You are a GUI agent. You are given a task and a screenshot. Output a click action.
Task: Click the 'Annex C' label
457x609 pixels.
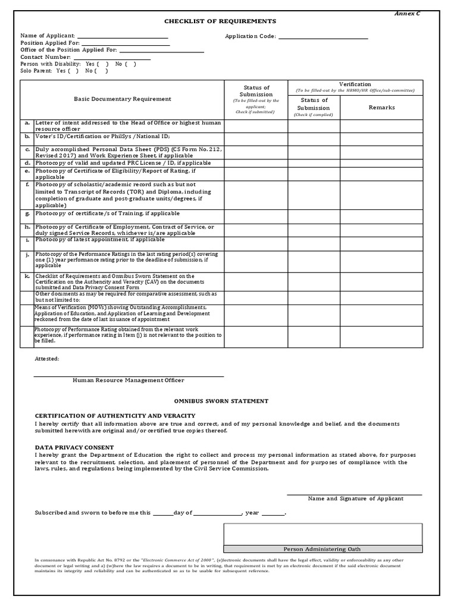pyautogui.click(x=408, y=13)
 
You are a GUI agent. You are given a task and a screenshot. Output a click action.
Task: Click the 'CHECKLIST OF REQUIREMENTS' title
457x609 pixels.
pyautogui.click(x=220, y=21)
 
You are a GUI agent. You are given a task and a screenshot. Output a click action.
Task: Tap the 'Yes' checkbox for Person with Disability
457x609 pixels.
pyautogui.click(x=103, y=64)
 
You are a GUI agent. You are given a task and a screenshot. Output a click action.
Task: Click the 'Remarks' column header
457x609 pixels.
pyautogui.click(x=381, y=108)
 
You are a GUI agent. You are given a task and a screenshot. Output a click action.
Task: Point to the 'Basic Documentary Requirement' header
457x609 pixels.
pyautogui.click(x=122, y=99)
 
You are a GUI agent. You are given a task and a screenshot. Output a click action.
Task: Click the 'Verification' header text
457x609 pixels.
pyautogui.click(x=355, y=84)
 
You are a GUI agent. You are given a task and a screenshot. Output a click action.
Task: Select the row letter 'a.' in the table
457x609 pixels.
pyautogui.click(x=27, y=123)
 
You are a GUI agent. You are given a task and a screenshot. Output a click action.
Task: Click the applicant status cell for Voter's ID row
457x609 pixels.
pyautogui.click(x=256, y=137)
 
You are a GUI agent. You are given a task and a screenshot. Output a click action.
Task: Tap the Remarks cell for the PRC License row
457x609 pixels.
pyautogui.click(x=381, y=163)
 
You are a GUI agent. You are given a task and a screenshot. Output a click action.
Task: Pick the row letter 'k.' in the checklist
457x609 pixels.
pyautogui.click(x=27, y=277)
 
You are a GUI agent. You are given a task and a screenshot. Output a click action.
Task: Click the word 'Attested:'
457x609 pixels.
pyautogui.click(x=47, y=359)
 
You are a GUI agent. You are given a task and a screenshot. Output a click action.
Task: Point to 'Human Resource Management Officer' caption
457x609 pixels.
pyautogui.click(x=128, y=380)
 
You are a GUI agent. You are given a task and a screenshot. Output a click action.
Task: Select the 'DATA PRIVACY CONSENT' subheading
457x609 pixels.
pyautogui.click(x=74, y=447)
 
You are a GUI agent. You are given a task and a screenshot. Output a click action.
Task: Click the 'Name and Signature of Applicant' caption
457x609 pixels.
pyautogui.click(x=355, y=498)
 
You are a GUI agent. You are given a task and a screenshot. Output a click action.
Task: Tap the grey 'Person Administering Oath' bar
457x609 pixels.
pyautogui.click(x=323, y=549)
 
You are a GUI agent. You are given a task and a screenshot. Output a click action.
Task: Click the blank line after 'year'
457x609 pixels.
pyautogui.click(x=273, y=513)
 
